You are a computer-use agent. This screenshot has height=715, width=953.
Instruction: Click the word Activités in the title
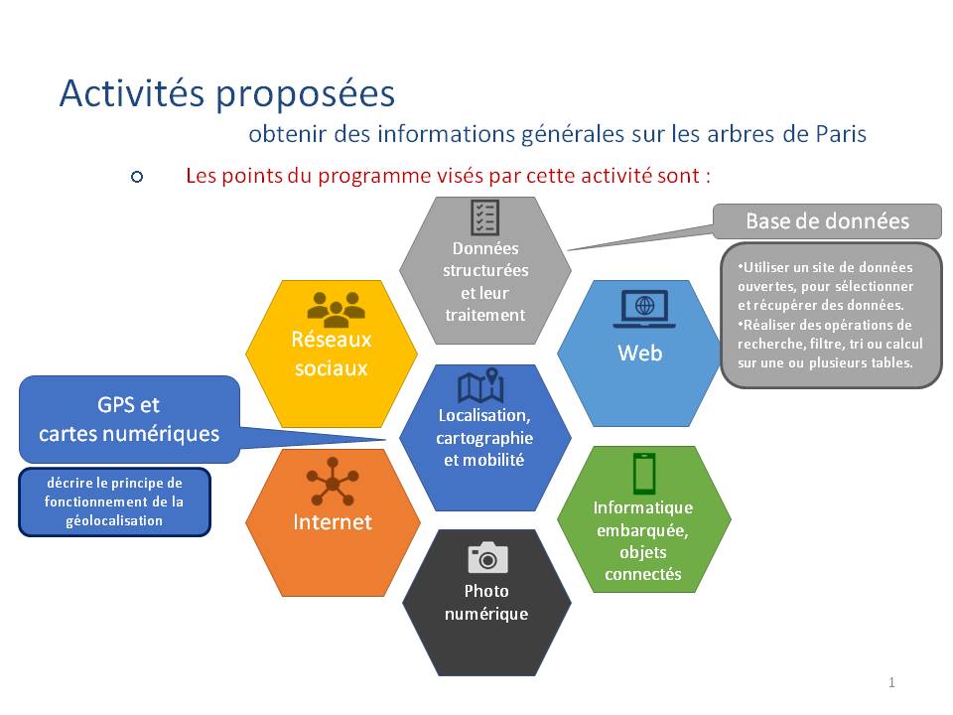131,93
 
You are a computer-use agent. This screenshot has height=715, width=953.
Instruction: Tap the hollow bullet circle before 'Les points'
137,177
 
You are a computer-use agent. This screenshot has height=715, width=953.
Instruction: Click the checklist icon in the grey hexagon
485,217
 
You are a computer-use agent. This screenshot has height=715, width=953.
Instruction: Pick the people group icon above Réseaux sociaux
336,309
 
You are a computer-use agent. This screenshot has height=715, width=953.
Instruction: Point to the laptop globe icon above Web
644,309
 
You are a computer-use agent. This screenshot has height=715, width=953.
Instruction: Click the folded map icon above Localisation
480,386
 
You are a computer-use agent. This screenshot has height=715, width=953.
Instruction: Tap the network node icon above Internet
333,482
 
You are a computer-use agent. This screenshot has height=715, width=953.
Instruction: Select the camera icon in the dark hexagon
487,557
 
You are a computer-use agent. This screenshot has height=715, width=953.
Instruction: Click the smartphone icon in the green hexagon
644,473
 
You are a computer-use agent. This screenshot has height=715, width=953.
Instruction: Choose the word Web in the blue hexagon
640,354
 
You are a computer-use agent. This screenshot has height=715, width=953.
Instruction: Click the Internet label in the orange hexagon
333,521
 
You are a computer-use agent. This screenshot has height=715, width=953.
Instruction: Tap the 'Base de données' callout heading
827,221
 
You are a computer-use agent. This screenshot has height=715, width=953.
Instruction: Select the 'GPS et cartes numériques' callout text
129,419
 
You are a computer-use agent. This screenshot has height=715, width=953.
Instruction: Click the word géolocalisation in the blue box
114,521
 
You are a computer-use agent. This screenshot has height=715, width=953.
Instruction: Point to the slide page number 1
891,682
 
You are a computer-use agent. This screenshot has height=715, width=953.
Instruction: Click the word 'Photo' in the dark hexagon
486,591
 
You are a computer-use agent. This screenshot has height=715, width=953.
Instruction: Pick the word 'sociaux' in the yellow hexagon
332,367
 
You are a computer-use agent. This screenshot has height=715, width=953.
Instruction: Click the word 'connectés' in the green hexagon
643,574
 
